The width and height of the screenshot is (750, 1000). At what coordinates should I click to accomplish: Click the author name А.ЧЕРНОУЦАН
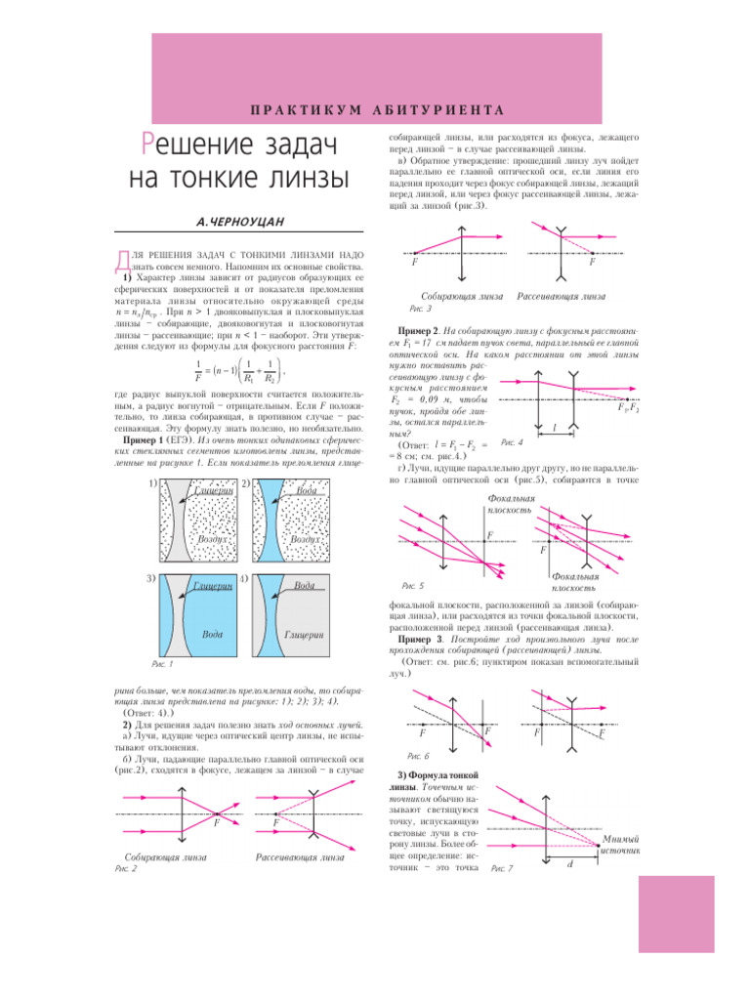[240, 223]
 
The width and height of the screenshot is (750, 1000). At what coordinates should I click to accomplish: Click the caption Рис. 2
[126, 867]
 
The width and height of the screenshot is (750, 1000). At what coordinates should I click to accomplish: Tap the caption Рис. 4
[513, 442]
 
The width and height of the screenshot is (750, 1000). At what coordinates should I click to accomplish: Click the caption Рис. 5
[413, 585]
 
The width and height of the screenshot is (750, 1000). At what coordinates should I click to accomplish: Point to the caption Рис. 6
[416, 756]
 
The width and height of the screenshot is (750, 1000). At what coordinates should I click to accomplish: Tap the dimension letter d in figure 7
[570, 865]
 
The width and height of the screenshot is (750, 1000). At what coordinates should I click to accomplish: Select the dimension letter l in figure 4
[555, 428]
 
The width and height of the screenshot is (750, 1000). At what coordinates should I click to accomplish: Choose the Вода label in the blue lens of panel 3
[213, 634]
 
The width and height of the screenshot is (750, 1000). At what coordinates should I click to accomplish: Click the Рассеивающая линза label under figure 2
[301, 857]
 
